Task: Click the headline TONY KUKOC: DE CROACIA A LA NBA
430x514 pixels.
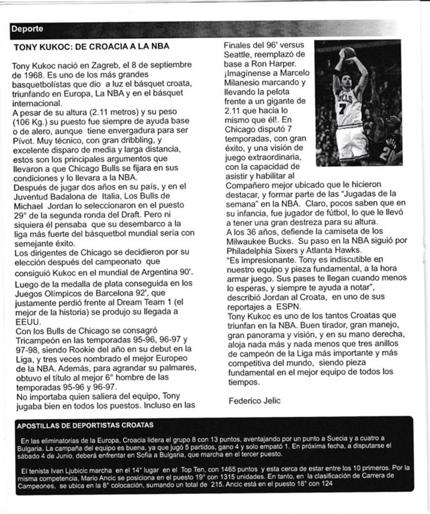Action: tap(91, 46)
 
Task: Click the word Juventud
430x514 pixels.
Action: tap(31, 197)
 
